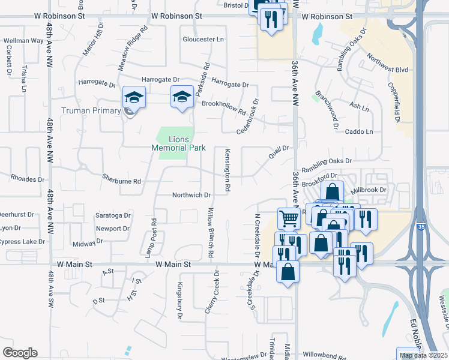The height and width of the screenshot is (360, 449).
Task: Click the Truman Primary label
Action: click(x=91, y=110)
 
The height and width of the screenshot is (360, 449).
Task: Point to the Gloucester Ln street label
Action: click(x=203, y=39)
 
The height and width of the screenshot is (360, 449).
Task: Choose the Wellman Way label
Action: click(x=23, y=41)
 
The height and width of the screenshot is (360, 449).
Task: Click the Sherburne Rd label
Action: click(x=121, y=181)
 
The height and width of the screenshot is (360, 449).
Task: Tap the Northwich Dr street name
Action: click(x=191, y=195)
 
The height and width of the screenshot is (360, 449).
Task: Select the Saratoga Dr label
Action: click(x=113, y=215)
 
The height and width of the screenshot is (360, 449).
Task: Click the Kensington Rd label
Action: click(x=228, y=170)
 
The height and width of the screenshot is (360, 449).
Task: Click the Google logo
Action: click(x=20, y=353)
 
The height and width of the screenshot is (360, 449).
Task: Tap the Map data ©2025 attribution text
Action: click(x=423, y=355)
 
